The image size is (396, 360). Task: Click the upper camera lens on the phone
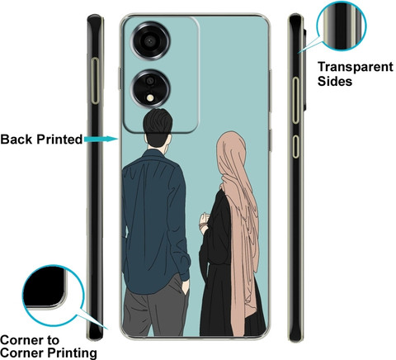click(x=150, y=41)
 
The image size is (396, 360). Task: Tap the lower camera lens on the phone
click(x=150, y=88)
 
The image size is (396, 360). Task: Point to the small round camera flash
click(x=150, y=97)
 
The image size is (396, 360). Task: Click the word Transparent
click(x=356, y=68)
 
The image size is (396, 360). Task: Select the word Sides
click(x=335, y=82)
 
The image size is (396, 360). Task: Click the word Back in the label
click(x=16, y=140)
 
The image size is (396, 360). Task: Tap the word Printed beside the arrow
click(x=59, y=140)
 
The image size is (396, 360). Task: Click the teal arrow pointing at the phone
click(x=101, y=140)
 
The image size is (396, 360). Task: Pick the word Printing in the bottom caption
click(x=73, y=353)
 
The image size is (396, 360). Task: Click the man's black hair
click(x=158, y=122)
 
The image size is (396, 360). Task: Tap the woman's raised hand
click(x=204, y=221)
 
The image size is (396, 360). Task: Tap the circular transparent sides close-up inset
click(x=342, y=26)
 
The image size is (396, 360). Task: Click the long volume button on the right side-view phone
click(x=295, y=100)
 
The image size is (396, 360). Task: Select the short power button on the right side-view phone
click(x=295, y=146)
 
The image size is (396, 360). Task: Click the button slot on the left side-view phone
click(x=96, y=81)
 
